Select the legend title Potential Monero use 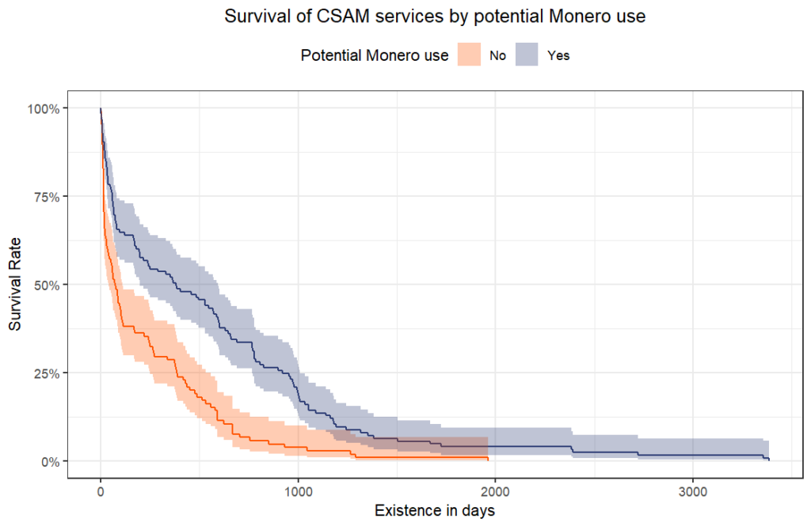tap(375, 55)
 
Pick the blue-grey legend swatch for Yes tap(527, 55)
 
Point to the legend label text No tap(498, 56)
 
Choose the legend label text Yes tap(558, 56)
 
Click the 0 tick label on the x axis tap(101, 490)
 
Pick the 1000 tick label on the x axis tap(298, 490)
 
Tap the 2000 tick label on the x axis tap(496, 490)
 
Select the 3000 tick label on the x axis tap(693, 490)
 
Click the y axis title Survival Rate tap(16, 284)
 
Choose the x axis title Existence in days tap(435, 510)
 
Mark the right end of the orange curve tap(488, 460)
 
